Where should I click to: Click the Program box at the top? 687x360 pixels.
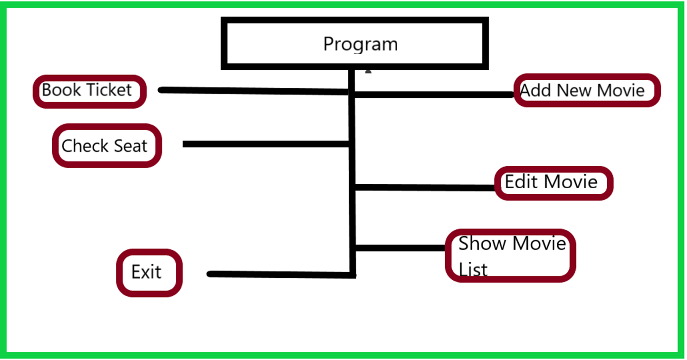click(x=354, y=44)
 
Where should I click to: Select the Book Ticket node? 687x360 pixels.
click(x=89, y=91)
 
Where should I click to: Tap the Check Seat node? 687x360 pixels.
click(x=106, y=145)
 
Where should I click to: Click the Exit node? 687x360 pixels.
click(x=149, y=273)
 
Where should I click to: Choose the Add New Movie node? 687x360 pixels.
click(x=587, y=90)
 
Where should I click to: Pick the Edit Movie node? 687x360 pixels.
click(x=553, y=182)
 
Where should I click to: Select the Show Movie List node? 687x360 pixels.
click(x=510, y=256)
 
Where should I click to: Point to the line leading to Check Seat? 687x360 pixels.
click(x=266, y=144)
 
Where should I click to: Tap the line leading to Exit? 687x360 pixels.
click(x=280, y=275)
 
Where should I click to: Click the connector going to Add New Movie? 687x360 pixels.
click(x=432, y=95)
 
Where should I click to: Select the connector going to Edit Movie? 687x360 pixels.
click(x=425, y=188)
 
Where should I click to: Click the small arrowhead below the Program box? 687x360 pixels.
click(x=368, y=71)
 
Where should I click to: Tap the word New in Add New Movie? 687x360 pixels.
click(x=574, y=90)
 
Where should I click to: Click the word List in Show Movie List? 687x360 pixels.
click(x=473, y=270)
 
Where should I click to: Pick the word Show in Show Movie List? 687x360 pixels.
click(x=482, y=244)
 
